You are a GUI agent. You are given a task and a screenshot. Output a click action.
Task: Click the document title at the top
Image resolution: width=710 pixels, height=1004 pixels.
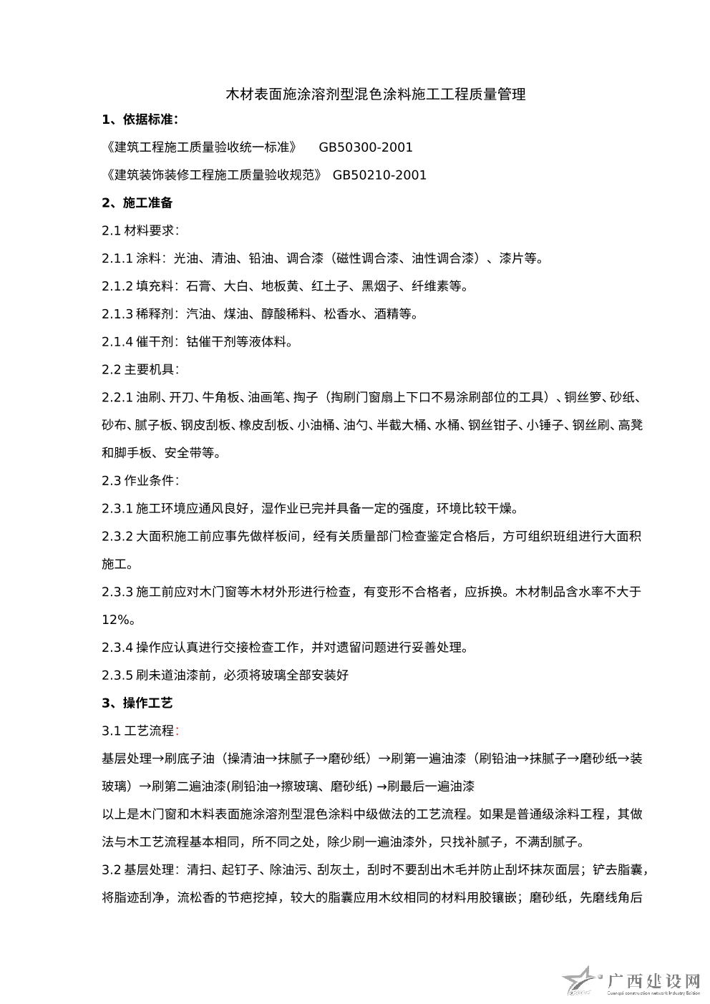pos(376,94)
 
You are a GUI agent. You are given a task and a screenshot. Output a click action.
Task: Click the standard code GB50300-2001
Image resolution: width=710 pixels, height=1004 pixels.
pos(366,147)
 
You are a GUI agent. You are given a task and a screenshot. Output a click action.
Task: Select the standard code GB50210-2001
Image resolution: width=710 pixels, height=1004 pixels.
pos(379,175)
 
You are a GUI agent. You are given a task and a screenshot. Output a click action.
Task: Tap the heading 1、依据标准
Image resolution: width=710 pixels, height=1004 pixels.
pos(140,120)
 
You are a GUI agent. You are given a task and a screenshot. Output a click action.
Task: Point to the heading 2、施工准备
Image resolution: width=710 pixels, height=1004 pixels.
pos(137,203)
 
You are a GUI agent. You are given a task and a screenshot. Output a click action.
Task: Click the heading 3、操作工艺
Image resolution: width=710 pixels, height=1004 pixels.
pos(137,703)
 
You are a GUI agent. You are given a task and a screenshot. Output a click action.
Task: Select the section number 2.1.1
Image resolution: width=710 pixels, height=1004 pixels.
pos(117,258)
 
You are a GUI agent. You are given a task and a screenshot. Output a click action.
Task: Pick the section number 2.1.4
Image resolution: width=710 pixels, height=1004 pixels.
pos(117,341)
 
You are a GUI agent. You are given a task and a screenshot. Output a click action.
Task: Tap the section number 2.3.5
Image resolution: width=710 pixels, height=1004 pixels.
pos(117,675)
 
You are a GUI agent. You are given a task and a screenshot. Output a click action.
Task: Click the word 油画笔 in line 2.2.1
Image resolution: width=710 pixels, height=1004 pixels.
pos(267,397)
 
